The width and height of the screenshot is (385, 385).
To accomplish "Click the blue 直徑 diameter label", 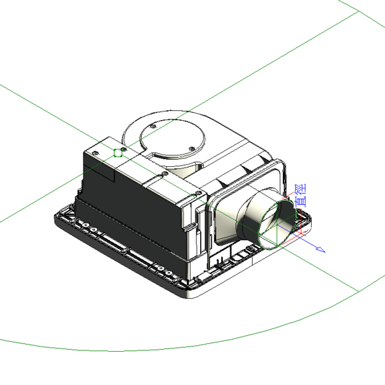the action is coord(301,195).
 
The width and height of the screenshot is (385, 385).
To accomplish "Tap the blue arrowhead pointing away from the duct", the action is coord(321,249).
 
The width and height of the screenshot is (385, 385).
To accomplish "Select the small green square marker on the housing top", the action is coord(118,153).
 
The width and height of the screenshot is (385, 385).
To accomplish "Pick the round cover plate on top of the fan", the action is coord(173,138).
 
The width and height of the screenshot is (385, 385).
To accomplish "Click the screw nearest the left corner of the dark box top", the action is coord(95,153).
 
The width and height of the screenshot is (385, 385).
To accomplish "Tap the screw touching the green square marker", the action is coord(124,149).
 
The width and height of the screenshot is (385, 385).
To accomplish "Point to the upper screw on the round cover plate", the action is coord(153,126).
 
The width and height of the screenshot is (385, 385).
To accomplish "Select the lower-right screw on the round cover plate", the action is coord(192,149).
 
